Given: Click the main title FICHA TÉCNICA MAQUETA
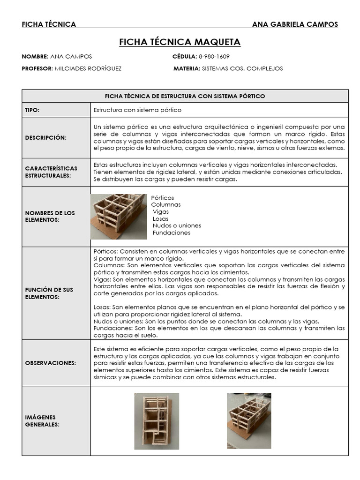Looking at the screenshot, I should pyautogui.click(x=180, y=42).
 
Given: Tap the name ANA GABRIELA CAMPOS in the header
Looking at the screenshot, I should pyautogui.click(x=294, y=24).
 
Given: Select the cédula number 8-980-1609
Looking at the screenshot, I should pyautogui.click(x=214, y=56).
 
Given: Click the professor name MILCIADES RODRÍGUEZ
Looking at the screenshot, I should pyautogui.click(x=88, y=68).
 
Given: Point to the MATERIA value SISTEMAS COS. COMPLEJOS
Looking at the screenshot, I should pyautogui.click(x=242, y=68).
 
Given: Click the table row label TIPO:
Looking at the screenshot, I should pyautogui.click(x=32, y=110).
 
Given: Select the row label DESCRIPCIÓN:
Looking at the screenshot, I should pyautogui.click(x=45, y=137).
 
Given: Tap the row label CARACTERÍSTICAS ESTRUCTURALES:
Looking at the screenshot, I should pyautogui.click(x=51, y=172).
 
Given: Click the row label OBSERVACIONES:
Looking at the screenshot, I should pyautogui.click(x=50, y=363).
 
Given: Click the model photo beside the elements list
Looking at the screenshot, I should pyautogui.click(x=119, y=216).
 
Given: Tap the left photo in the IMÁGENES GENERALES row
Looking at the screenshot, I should pyautogui.click(x=157, y=421).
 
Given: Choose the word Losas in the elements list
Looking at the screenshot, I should pyautogui.click(x=160, y=218).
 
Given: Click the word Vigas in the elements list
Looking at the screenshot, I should pyautogui.click(x=161, y=211).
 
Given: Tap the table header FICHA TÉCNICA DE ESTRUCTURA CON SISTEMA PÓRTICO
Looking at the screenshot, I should pyautogui.click(x=185, y=96).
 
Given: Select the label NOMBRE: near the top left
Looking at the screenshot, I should pyautogui.click(x=35, y=56).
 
